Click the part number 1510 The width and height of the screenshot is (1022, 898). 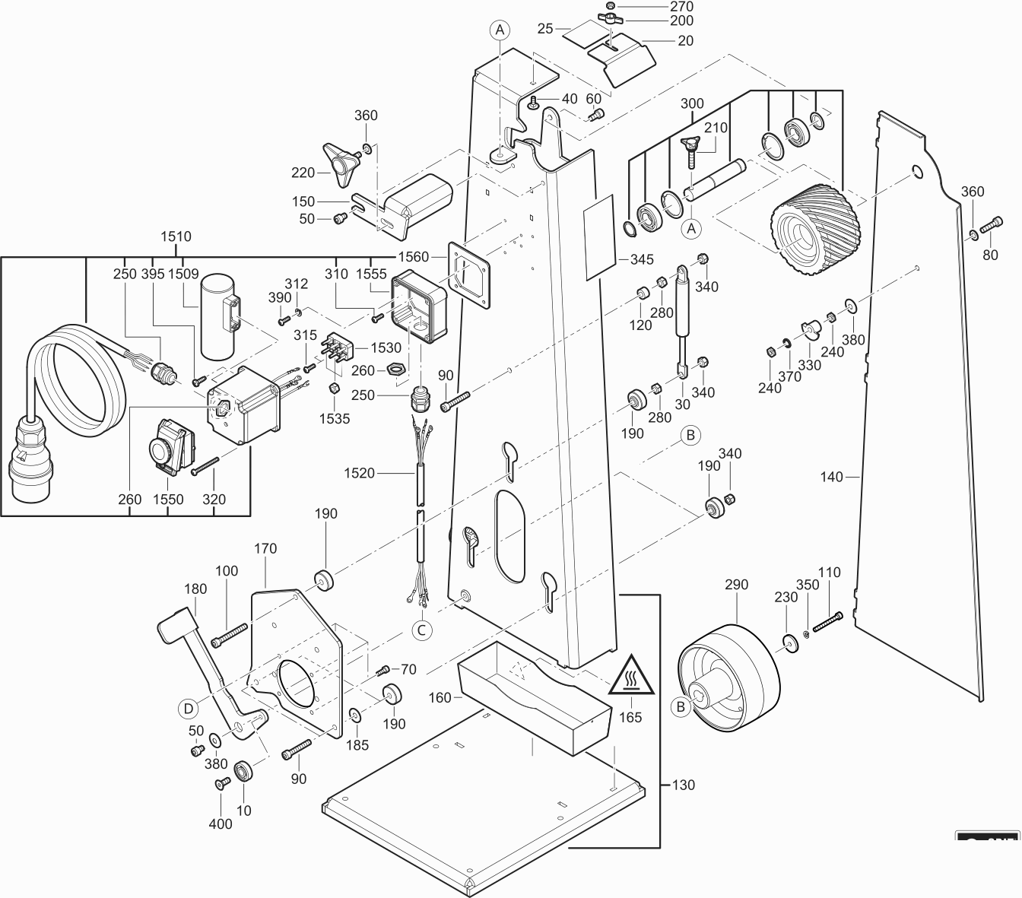[x=176, y=236]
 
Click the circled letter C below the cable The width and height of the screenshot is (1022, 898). [x=422, y=629]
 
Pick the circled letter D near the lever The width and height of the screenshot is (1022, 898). [x=188, y=708]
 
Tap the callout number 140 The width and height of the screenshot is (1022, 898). [x=832, y=477]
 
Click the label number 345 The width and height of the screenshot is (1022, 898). [x=642, y=259]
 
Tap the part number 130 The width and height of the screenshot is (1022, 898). [x=684, y=785]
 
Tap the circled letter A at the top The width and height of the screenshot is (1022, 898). [x=500, y=30]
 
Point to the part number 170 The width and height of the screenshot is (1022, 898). [x=265, y=548]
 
